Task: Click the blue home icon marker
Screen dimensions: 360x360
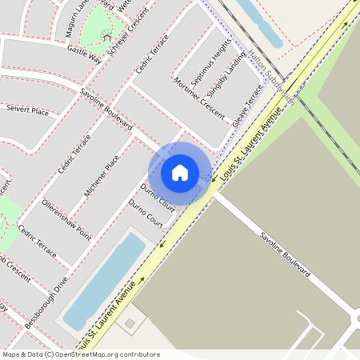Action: [180, 173]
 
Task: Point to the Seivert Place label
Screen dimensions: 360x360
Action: [27, 110]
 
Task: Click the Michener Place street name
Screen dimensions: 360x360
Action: [102, 175]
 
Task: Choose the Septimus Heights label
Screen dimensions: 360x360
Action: [214, 57]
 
